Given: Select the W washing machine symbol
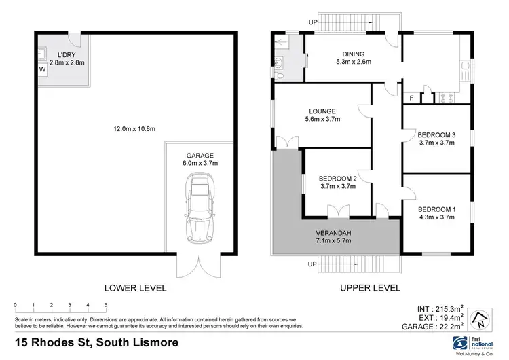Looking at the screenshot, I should coord(42,69).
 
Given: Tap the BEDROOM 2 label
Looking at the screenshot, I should coord(337,179).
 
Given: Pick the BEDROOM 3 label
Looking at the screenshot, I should coord(436,135).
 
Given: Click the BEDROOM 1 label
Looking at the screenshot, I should coord(436,209).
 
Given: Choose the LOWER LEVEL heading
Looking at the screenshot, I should coord(135,288).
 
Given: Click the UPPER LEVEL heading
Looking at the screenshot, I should coord(369,288).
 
